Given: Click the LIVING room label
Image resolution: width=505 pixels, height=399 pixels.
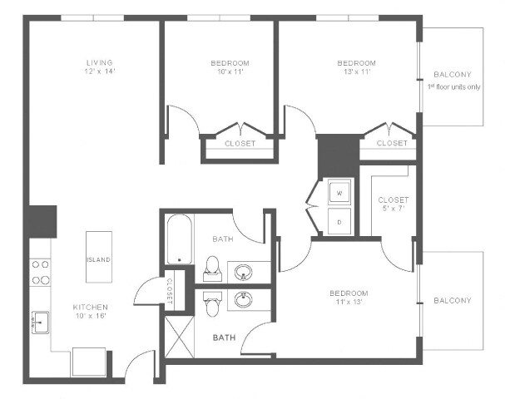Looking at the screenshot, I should (99, 62).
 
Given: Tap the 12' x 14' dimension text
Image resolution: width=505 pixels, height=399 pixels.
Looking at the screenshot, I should (99, 71).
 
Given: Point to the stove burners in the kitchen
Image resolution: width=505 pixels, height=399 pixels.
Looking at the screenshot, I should (40, 273).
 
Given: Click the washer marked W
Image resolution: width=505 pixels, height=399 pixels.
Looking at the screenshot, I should (339, 194).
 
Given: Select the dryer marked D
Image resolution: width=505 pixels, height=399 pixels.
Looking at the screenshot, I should (339, 222).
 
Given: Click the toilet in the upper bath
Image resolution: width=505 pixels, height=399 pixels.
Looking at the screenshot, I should (211, 266).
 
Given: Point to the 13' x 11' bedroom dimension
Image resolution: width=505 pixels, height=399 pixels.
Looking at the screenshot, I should (356, 72).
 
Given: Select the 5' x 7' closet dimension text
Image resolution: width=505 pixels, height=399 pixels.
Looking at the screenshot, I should (393, 209).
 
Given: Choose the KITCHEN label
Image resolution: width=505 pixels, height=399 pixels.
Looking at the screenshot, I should (90, 307).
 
